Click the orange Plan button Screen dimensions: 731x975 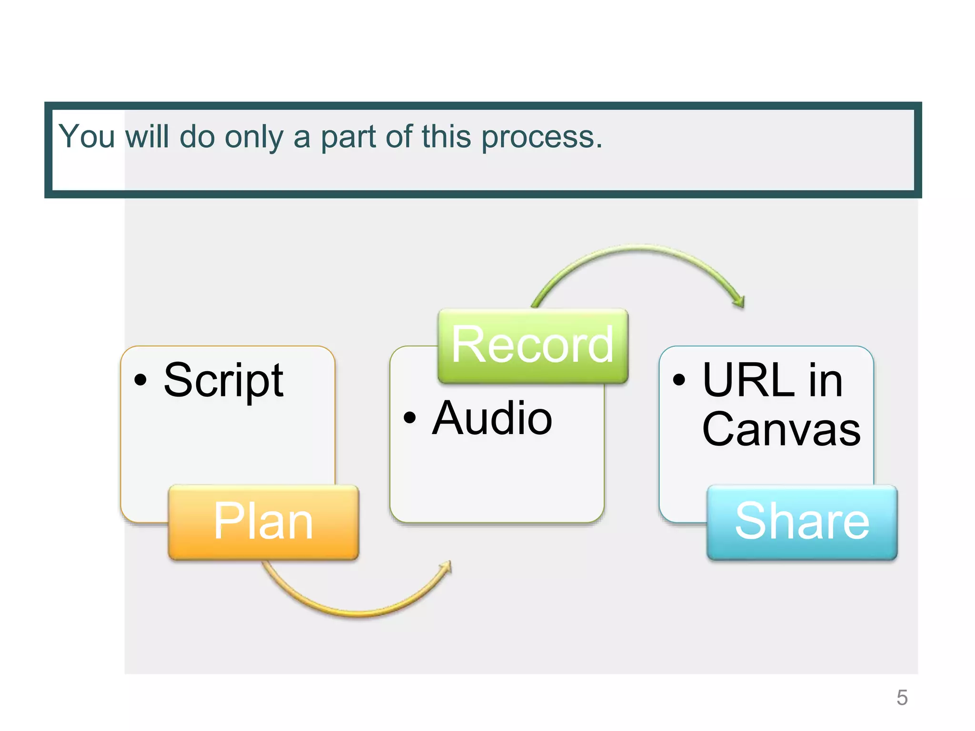click(263, 522)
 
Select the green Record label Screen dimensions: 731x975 click(533, 346)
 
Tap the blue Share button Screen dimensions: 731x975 click(802, 522)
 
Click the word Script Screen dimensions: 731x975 click(223, 381)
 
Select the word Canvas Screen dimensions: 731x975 click(781, 429)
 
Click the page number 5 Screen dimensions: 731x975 click(902, 698)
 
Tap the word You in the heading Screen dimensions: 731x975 click(87, 137)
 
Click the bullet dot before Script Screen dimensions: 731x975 click(140, 380)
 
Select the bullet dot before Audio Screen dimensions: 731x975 click(409, 418)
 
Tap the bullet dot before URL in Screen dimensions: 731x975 click(679, 380)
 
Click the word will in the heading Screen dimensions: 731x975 click(147, 137)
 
